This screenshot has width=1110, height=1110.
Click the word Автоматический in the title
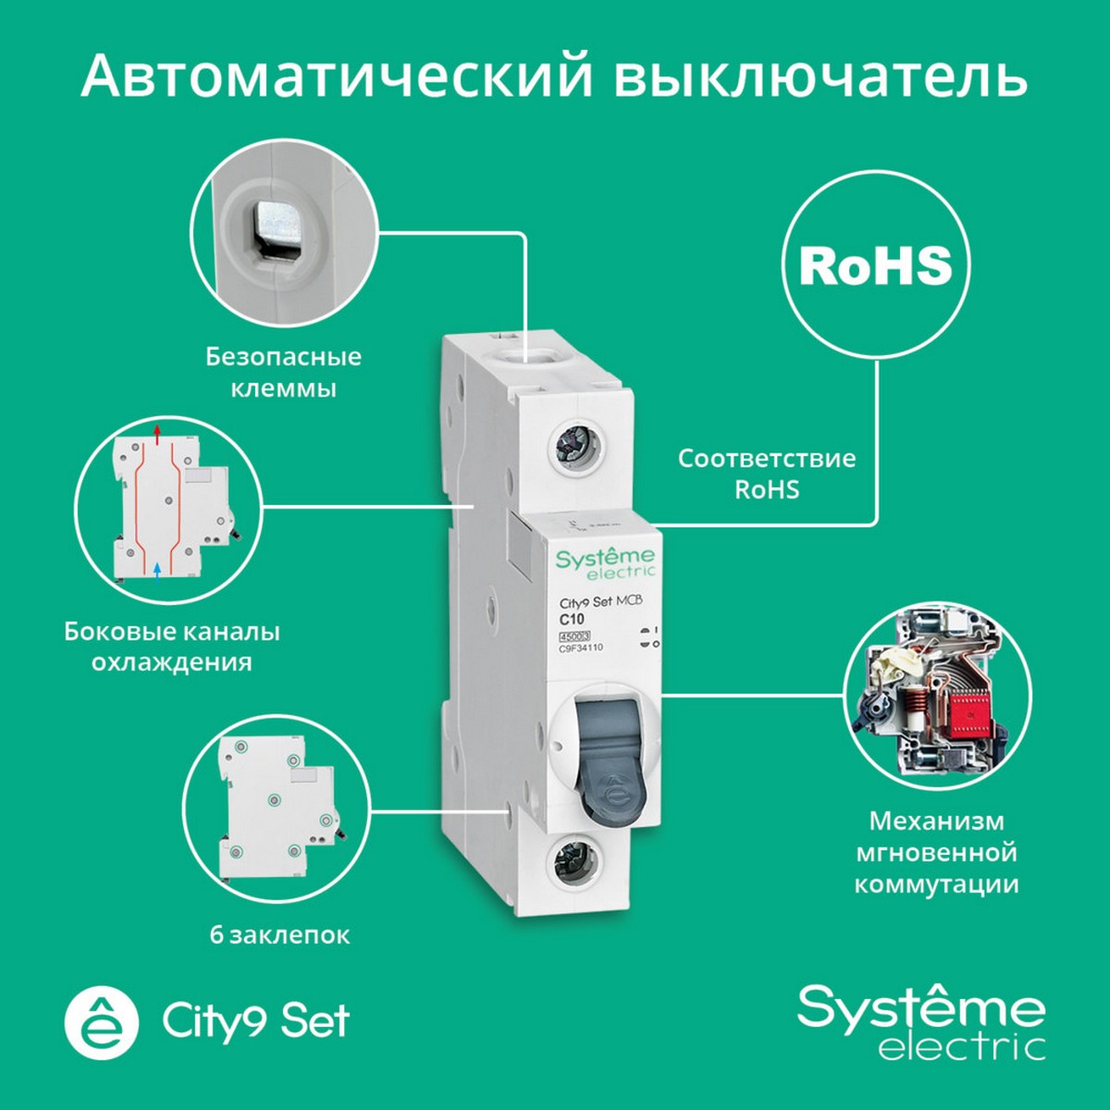pos(336,76)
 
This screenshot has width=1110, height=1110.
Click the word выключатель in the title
pos(820,76)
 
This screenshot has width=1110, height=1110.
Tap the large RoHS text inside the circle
pos(875,265)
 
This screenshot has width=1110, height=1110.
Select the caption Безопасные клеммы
pos(283,372)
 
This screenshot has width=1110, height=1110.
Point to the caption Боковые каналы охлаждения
pos(172,647)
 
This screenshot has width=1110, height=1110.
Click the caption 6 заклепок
pos(279,934)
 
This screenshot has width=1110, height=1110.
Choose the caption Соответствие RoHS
pos(767,473)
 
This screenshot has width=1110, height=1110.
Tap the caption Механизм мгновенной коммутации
pos(937,852)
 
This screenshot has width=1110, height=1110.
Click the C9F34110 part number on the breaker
pos(581,647)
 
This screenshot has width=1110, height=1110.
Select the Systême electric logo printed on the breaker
pos(605,561)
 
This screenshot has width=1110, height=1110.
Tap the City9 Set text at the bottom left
pos(256,1021)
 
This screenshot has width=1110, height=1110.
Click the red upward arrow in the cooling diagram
pos(158,431)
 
